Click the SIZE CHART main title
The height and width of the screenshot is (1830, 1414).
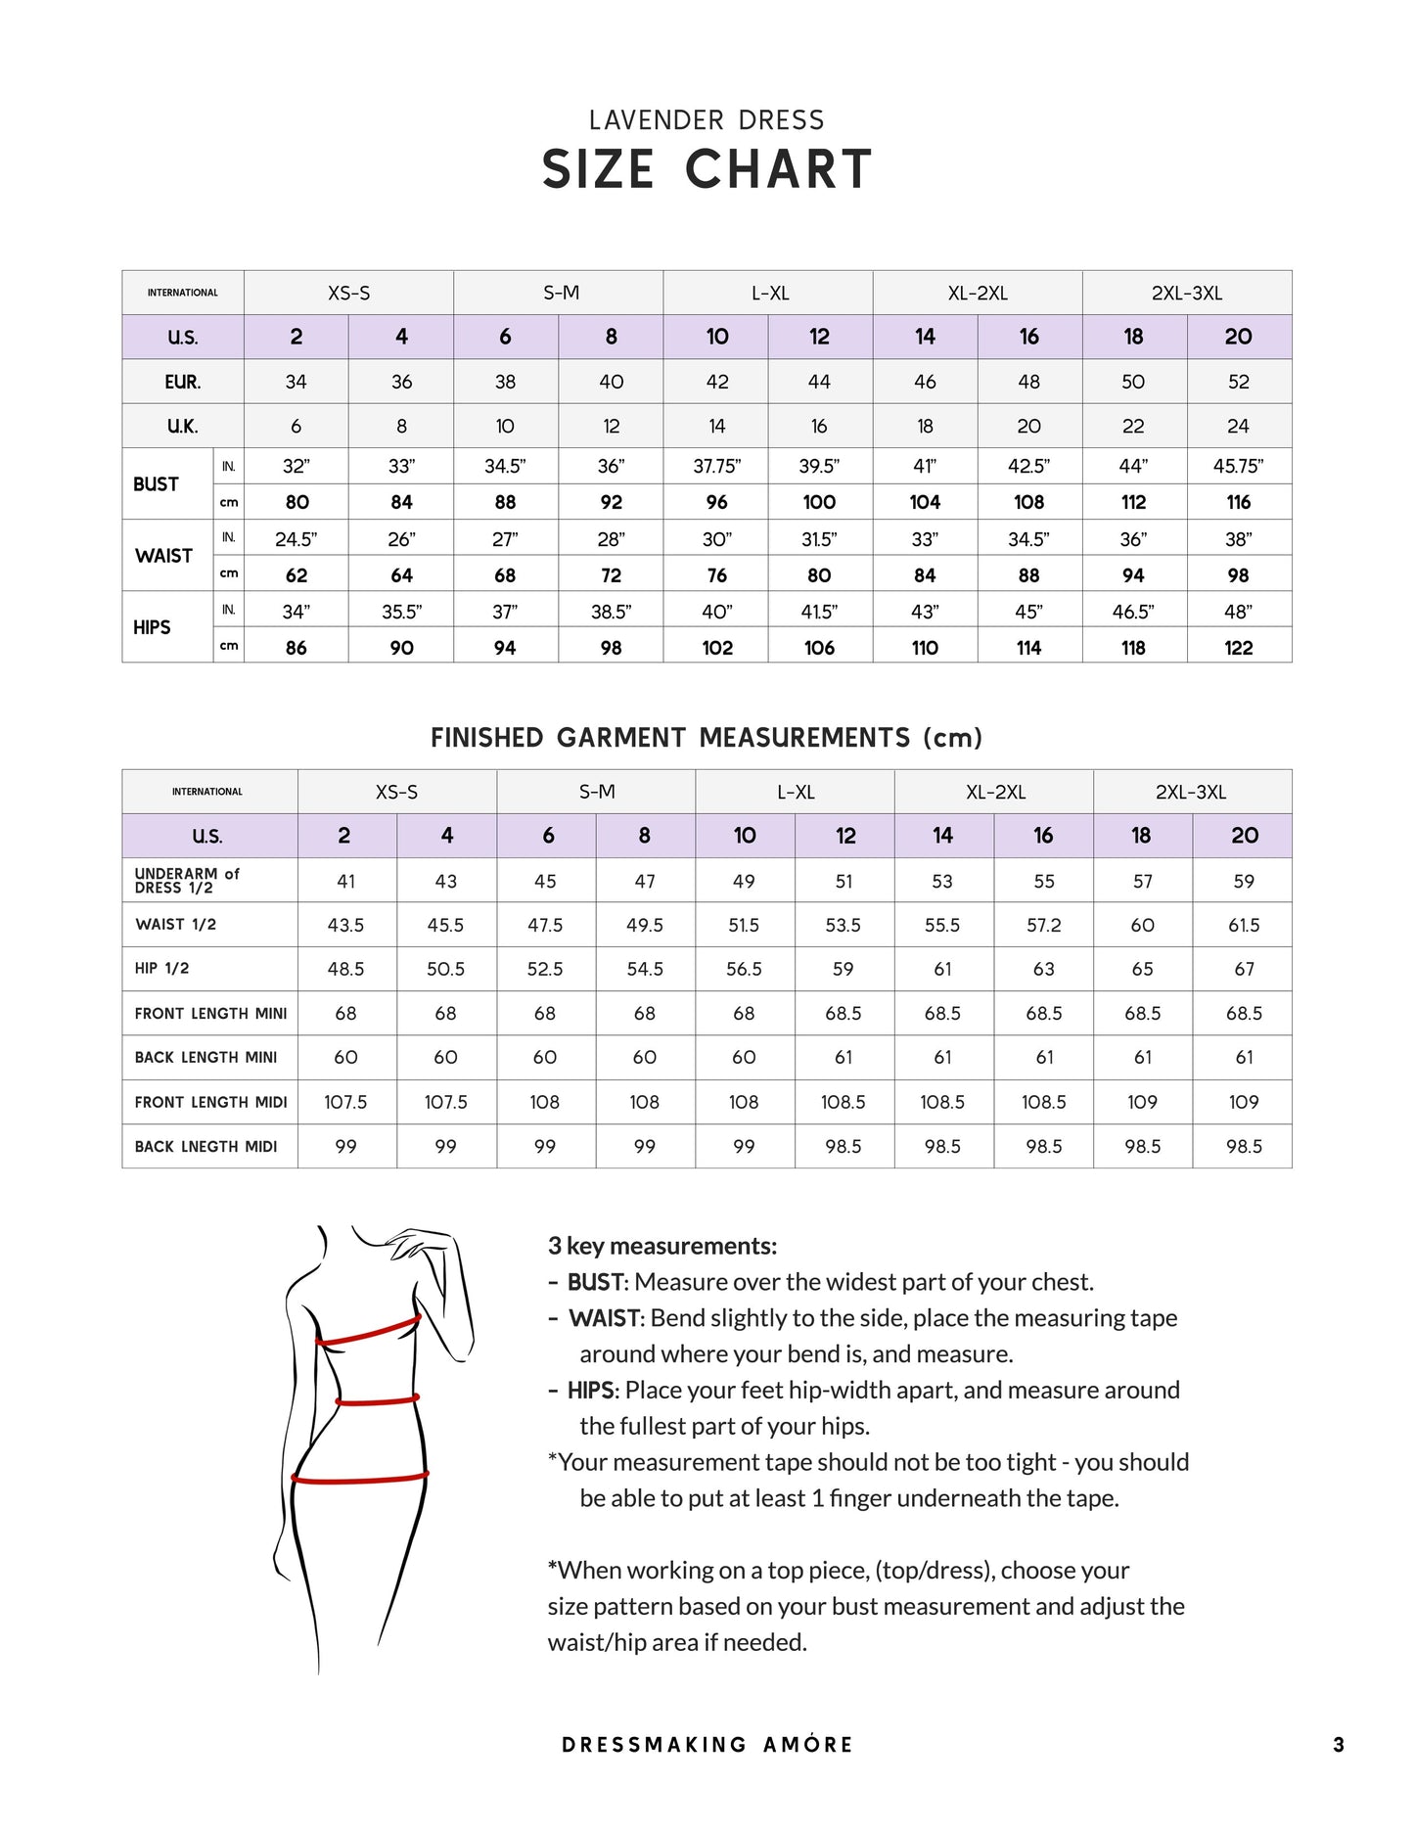[707, 169]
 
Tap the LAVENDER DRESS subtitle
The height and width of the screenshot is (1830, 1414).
[707, 120]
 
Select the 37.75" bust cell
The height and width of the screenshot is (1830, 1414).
[716, 467]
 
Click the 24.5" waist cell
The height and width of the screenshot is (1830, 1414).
[296, 539]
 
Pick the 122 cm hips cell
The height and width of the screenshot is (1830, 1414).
[1238, 648]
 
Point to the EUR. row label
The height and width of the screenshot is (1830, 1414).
[182, 382]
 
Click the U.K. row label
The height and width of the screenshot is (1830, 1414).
[182, 427]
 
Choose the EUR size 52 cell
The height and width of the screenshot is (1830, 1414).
[1238, 382]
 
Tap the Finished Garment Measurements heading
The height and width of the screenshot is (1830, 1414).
[707, 738]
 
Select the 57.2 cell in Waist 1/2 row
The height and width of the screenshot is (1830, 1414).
[1043, 925]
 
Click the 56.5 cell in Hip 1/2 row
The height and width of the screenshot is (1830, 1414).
[744, 969]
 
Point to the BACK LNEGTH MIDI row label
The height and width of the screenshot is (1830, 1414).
[206, 1147]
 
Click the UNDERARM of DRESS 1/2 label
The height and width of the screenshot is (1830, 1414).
[186, 881]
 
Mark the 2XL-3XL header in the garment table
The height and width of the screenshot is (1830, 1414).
[1191, 792]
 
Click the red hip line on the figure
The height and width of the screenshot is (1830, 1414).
[360, 1478]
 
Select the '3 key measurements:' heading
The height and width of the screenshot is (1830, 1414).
[662, 1246]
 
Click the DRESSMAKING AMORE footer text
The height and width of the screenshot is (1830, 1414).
[707, 1745]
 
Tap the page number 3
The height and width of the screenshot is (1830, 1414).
[1338, 1745]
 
